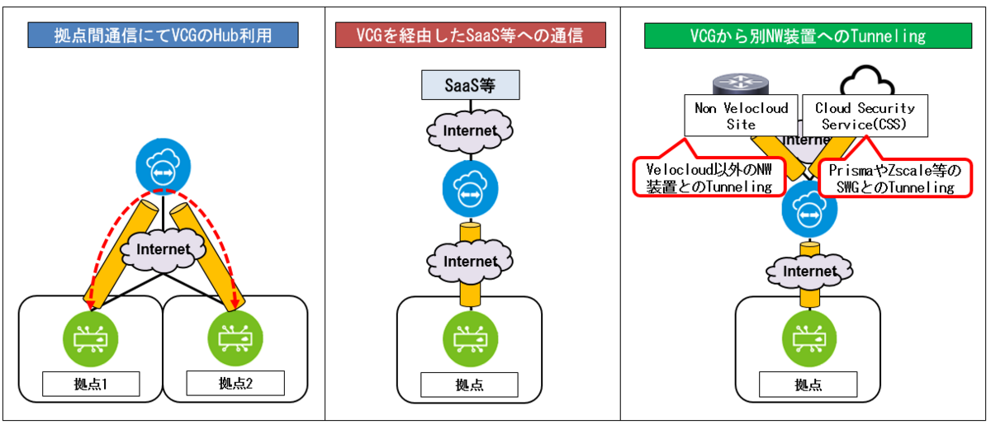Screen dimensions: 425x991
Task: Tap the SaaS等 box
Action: click(x=470, y=85)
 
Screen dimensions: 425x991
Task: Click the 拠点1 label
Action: click(x=91, y=384)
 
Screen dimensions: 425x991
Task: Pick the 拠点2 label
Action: click(x=235, y=383)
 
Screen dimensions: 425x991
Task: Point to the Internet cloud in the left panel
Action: click(x=164, y=248)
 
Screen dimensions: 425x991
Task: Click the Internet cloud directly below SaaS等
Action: click(x=470, y=130)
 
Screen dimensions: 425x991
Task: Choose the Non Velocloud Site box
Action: click(x=741, y=116)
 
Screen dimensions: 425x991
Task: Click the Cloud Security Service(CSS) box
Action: click(x=865, y=116)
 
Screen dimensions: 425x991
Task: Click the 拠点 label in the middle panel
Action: click(x=470, y=385)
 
